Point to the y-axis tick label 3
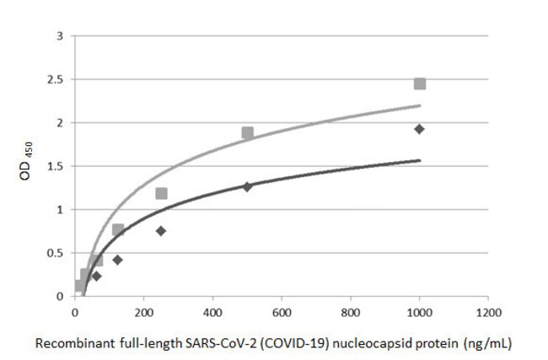pyautogui.click(x=59, y=36)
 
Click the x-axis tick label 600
pyautogui.click(x=282, y=311)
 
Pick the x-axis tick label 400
pyautogui.click(x=212, y=311)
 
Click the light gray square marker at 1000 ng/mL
pyautogui.click(x=419, y=83)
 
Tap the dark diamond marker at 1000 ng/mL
pyautogui.click(x=419, y=129)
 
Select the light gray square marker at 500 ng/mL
pyautogui.click(x=247, y=132)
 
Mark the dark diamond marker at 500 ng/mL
pyautogui.click(x=247, y=186)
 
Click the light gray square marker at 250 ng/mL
pyautogui.click(x=161, y=193)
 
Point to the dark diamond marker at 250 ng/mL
pyautogui.click(x=161, y=231)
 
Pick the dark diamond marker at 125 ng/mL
pyautogui.click(x=118, y=260)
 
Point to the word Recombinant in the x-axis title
pyautogui.click(x=73, y=342)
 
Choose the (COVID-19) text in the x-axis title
pyautogui.click(x=288, y=342)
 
